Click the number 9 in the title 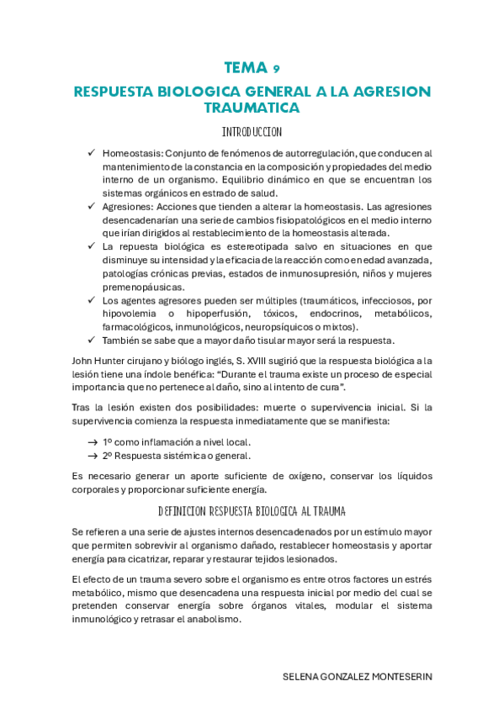click(276, 69)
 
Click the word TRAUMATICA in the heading click(252, 108)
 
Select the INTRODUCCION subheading click(252, 133)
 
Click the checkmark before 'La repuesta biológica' click(91, 246)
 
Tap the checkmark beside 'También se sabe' click(91, 341)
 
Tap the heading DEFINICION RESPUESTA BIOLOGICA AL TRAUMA click(252, 510)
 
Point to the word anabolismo click(211, 620)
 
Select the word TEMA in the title click(244, 68)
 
